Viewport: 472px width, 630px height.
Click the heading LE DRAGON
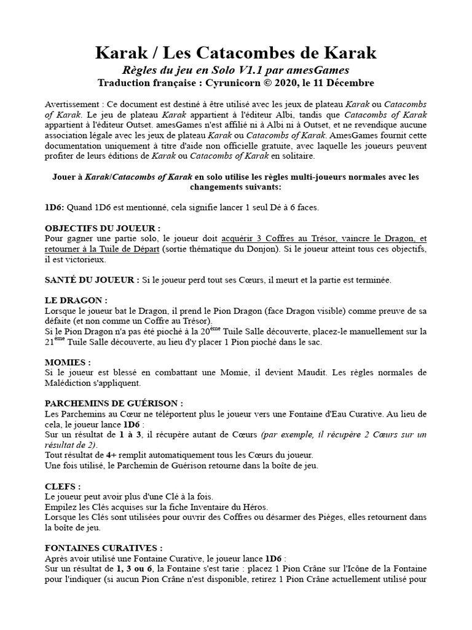[x=76, y=300]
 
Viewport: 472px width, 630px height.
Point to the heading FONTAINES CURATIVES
[x=104, y=548]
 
